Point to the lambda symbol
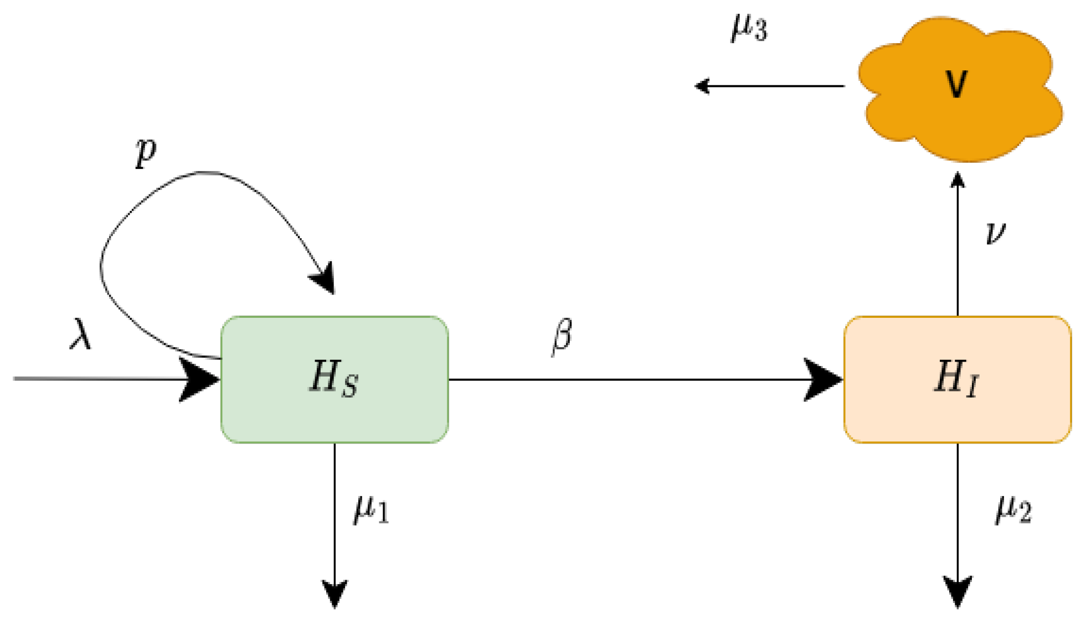pos(81,334)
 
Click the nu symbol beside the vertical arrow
pos(995,233)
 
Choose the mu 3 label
pos(749,28)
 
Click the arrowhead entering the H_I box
pos(824,380)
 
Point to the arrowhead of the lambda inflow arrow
pos(200,379)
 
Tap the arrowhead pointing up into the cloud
pos(958,181)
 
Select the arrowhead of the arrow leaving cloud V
pos(702,86)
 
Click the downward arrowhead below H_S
pos(334,594)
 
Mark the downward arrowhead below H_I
pos(958,592)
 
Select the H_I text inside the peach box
pos(957,379)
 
